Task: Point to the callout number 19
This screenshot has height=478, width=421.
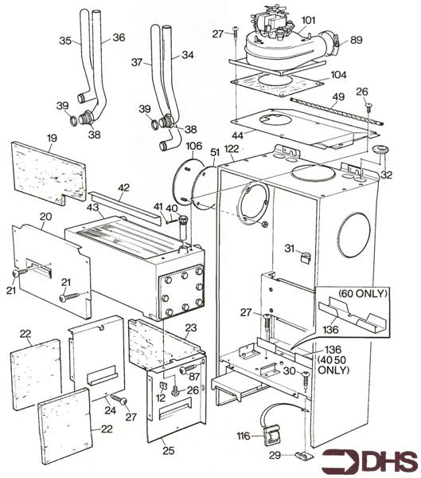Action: pos(51,138)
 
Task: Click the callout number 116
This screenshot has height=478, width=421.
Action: pos(242,435)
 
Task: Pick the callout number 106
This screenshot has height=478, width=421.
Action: pos(193,147)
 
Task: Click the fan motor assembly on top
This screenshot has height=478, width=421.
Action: pos(279,40)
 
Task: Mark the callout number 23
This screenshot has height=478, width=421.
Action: pos(190,327)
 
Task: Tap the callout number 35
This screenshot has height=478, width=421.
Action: pos(65,39)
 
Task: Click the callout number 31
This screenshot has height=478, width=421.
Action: pos(290,249)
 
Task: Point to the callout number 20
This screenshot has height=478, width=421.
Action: pos(45,217)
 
